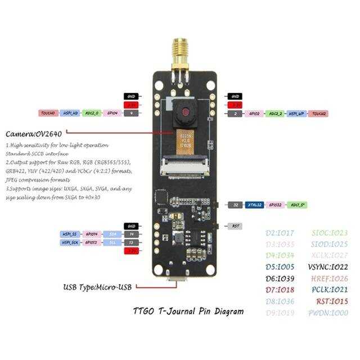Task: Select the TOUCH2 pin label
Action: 318,114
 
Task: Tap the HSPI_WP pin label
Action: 296,114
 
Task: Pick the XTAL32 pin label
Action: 254,205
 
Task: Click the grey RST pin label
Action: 236,226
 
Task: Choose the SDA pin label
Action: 112,233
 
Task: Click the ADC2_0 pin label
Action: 92,114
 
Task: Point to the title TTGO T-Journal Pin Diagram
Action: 188,310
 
